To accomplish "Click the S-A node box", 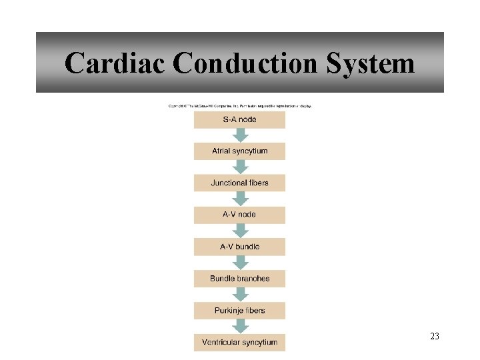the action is click(239, 120).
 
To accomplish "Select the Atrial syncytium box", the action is click(239, 151).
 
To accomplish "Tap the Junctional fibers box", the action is click(239, 183).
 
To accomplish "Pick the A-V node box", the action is click(239, 215).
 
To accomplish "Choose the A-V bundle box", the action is click(239, 247).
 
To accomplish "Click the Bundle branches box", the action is click(239, 279).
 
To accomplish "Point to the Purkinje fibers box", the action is click(239, 311).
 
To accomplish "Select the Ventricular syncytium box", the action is click(239, 343).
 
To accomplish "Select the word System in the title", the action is click(371, 63).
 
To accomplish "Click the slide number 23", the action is click(435, 337).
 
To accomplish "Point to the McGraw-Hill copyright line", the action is click(239, 105).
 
